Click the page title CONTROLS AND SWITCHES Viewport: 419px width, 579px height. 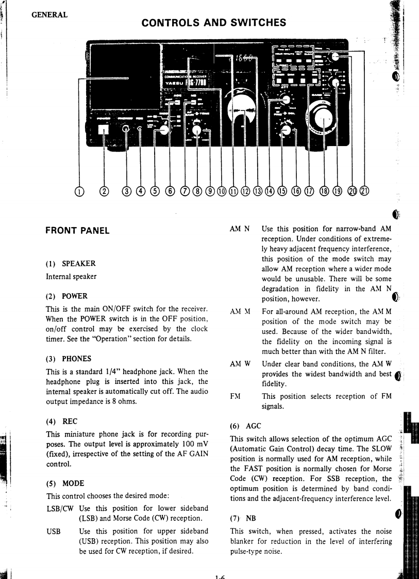click(213, 22)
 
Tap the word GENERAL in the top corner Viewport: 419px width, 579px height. click(49, 14)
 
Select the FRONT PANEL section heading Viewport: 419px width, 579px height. click(77, 231)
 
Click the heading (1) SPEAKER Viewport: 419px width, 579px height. click(71, 264)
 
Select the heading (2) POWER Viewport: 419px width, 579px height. click(66, 296)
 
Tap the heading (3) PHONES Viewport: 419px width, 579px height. click(69, 359)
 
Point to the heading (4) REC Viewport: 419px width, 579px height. click(62, 421)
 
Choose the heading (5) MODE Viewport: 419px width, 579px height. click(65, 484)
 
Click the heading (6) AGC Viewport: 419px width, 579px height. click(245, 426)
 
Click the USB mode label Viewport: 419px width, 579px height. click(54, 530)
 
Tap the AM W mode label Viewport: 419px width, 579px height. click(240, 363)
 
